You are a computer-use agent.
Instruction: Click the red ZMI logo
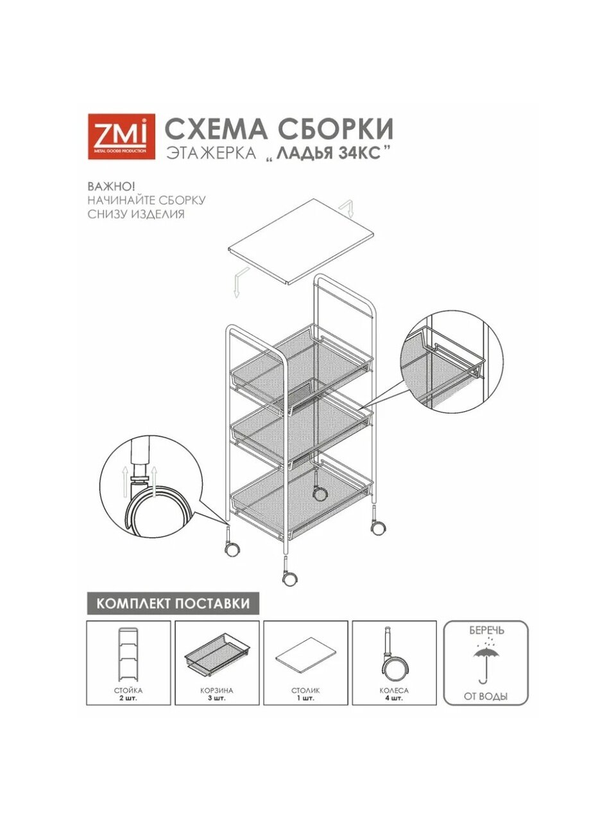pyautogui.click(x=121, y=136)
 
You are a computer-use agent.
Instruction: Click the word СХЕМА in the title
pyautogui.click(x=216, y=129)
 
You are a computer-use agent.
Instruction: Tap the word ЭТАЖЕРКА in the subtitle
pyautogui.click(x=211, y=153)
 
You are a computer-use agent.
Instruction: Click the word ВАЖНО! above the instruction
pyautogui.click(x=111, y=186)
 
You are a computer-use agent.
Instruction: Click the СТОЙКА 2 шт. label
pyautogui.click(x=128, y=694)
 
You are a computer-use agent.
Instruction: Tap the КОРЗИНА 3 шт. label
pyautogui.click(x=217, y=694)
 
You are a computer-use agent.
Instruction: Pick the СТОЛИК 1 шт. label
pyautogui.click(x=305, y=694)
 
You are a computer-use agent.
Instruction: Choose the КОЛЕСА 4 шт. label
pyautogui.click(x=394, y=694)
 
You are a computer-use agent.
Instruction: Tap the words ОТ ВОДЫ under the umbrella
pyautogui.click(x=486, y=697)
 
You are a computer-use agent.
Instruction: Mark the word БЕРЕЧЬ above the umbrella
pyautogui.click(x=486, y=631)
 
